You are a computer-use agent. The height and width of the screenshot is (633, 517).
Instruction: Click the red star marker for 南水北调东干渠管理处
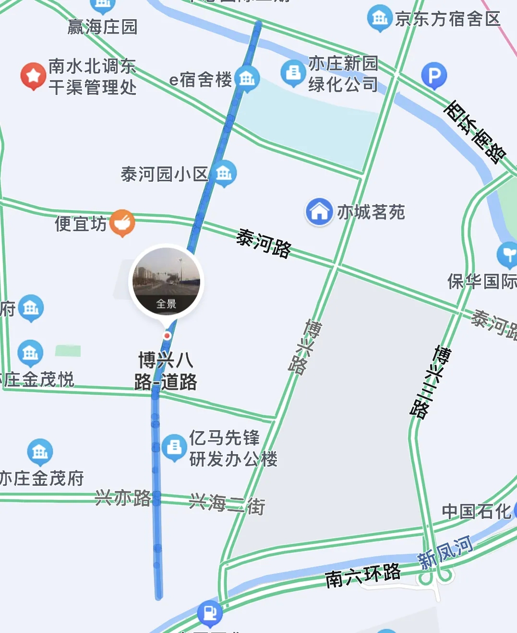click(33, 76)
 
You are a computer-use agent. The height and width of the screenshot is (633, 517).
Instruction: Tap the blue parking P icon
click(434, 75)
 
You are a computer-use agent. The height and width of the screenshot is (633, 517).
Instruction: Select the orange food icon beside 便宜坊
click(122, 222)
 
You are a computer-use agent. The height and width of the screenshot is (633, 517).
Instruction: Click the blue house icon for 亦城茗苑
click(319, 211)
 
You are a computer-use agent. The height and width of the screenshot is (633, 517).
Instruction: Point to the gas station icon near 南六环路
click(210, 612)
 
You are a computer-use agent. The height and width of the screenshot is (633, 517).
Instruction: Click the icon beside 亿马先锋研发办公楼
click(174, 447)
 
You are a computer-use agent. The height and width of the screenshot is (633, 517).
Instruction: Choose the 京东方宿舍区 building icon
click(380, 18)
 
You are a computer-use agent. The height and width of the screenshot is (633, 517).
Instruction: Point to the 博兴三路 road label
click(430, 382)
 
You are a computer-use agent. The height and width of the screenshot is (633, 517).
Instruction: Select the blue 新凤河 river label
click(445, 553)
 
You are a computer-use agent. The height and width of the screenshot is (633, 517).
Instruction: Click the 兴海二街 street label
click(227, 504)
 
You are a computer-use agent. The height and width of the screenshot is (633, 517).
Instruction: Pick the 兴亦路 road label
click(123, 498)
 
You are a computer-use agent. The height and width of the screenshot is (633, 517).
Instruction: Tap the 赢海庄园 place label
click(102, 27)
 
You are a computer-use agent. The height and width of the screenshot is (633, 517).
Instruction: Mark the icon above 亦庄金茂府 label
click(40, 451)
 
